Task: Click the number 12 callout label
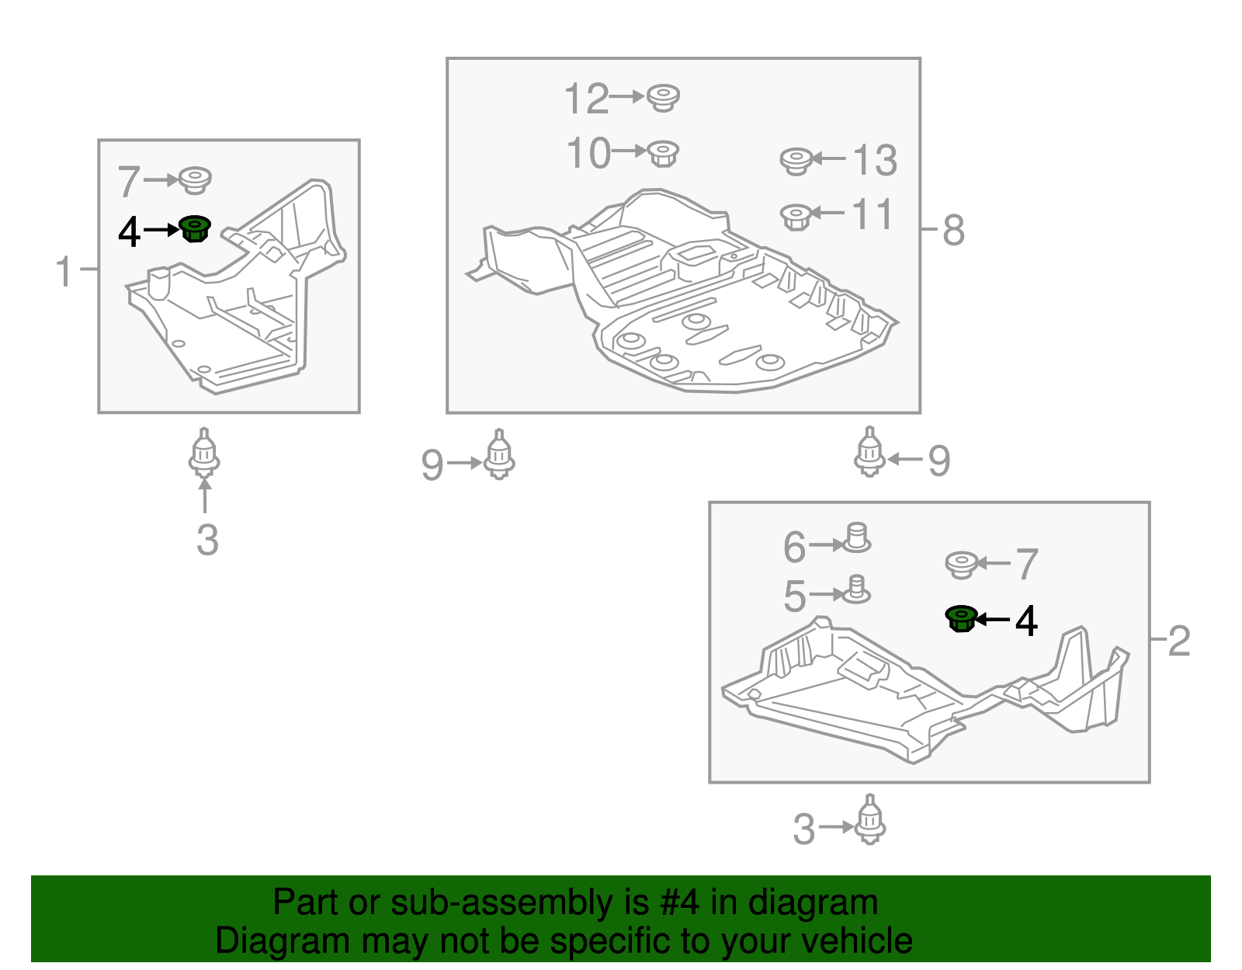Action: tap(586, 99)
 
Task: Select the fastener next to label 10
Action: tap(663, 154)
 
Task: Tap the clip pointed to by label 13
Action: tap(796, 162)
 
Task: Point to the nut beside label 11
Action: tap(796, 217)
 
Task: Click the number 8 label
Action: tap(953, 231)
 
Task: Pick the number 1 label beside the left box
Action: tap(64, 270)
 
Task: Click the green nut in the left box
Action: tap(195, 228)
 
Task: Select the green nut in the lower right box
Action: tap(961, 618)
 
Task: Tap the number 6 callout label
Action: tap(794, 547)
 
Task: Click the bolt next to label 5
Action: tap(855, 589)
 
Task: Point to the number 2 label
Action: tap(1179, 641)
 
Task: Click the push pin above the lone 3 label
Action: tap(204, 452)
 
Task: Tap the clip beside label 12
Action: tap(663, 99)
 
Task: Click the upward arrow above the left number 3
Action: tap(205, 495)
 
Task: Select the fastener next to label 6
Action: tap(855, 537)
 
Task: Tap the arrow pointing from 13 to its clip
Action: tap(829, 158)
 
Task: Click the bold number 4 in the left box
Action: tap(129, 233)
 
